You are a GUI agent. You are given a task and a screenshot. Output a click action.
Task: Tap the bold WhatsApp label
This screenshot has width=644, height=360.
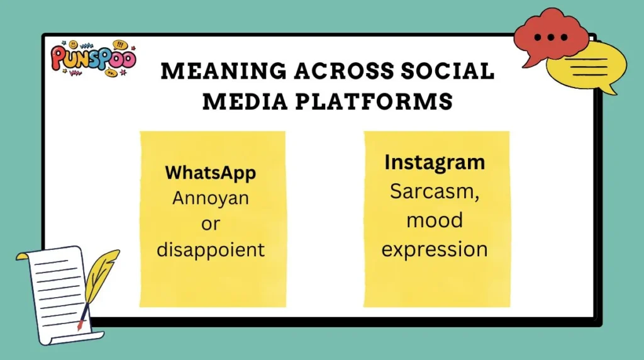click(210, 172)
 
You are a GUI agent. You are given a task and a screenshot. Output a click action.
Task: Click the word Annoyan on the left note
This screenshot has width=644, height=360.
click(211, 198)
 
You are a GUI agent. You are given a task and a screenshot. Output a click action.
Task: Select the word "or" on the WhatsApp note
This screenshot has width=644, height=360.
click(211, 224)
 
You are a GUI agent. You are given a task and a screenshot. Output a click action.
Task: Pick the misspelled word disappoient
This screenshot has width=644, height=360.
click(211, 250)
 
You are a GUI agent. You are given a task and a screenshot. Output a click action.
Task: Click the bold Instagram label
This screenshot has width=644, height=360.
click(435, 162)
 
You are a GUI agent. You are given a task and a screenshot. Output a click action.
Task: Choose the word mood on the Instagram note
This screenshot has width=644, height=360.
click(435, 220)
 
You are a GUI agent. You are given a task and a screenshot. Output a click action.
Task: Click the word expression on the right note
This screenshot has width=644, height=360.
click(435, 249)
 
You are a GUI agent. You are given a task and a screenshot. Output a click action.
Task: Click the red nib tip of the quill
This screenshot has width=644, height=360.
click(80, 326)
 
